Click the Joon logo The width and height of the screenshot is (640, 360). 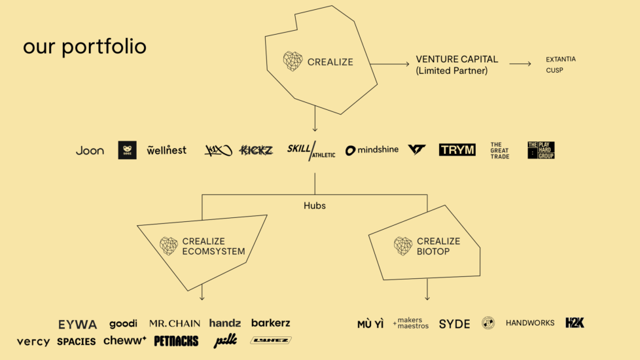coord(90,151)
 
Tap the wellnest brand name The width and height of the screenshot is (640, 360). coord(166,151)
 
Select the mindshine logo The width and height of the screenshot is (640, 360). coord(372,151)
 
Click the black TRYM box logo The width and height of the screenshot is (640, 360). coord(457,150)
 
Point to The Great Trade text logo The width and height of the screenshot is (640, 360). coord(500,151)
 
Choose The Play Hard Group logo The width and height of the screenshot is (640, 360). coord(541,151)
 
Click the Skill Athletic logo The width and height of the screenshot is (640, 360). coord(311,151)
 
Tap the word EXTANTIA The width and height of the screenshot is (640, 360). coord(561,60)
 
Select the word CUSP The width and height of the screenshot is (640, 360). coord(554,70)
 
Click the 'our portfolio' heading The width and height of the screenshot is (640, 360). coord(84,47)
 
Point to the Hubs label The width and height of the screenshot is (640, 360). coord(315,206)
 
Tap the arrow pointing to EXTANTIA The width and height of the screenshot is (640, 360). coord(520,64)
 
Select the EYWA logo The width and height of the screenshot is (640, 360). coord(77,325)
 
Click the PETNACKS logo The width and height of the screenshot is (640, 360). coord(177,341)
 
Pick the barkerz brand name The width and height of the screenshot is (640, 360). coord(270,323)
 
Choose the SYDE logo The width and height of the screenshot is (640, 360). coord(454,324)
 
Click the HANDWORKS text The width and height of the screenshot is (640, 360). coord(530,323)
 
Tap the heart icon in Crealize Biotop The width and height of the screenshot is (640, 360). coord(403,246)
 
